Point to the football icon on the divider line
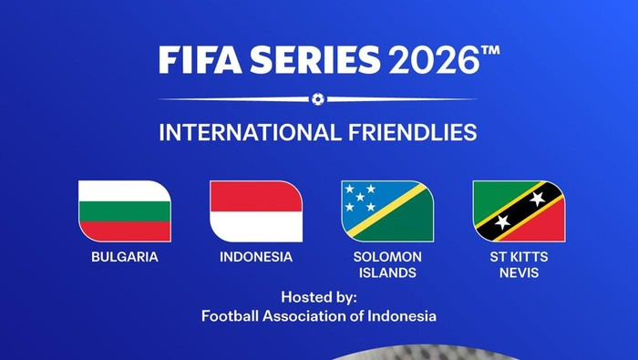tap(317, 98)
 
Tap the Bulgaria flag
tap(125, 211)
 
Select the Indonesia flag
tap(256, 211)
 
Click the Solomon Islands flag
tap(387, 211)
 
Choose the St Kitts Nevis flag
tap(519, 211)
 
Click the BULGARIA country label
tap(125, 257)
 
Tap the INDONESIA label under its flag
tap(256, 257)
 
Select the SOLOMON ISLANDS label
tap(387, 264)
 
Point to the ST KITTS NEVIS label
tap(519, 264)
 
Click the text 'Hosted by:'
tap(319, 298)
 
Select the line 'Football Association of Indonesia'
tap(319, 316)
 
